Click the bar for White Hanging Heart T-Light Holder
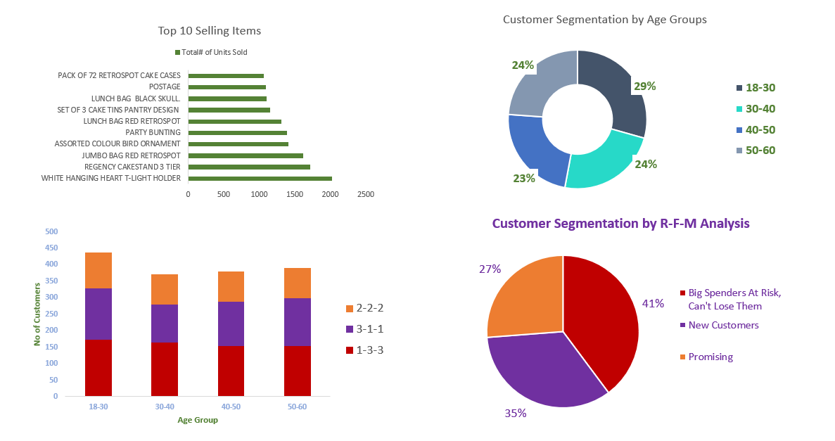pyautogui.click(x=260, y=178)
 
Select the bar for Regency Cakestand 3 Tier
pyautogui.click(x=249, y=167)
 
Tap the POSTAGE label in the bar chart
pyautogui.click(x=165, y=87)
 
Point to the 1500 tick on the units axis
pyautogui.click(x=295, y=194)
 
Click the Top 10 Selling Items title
pyautogui.click(x=209, y=31)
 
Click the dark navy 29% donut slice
pyautogui.click(x=616, y=91)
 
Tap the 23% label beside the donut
pyautogui.click(x=523, y=178)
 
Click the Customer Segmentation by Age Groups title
pyautogui.click(x=604, y=20)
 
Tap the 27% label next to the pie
pyautogui.click(x=490, y=269)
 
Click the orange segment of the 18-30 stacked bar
pyautogui.click(x=98, y=270)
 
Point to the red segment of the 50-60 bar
pyautogui.click(x=298, y=371)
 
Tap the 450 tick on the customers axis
pyautogui.click(x=52, y=248)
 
